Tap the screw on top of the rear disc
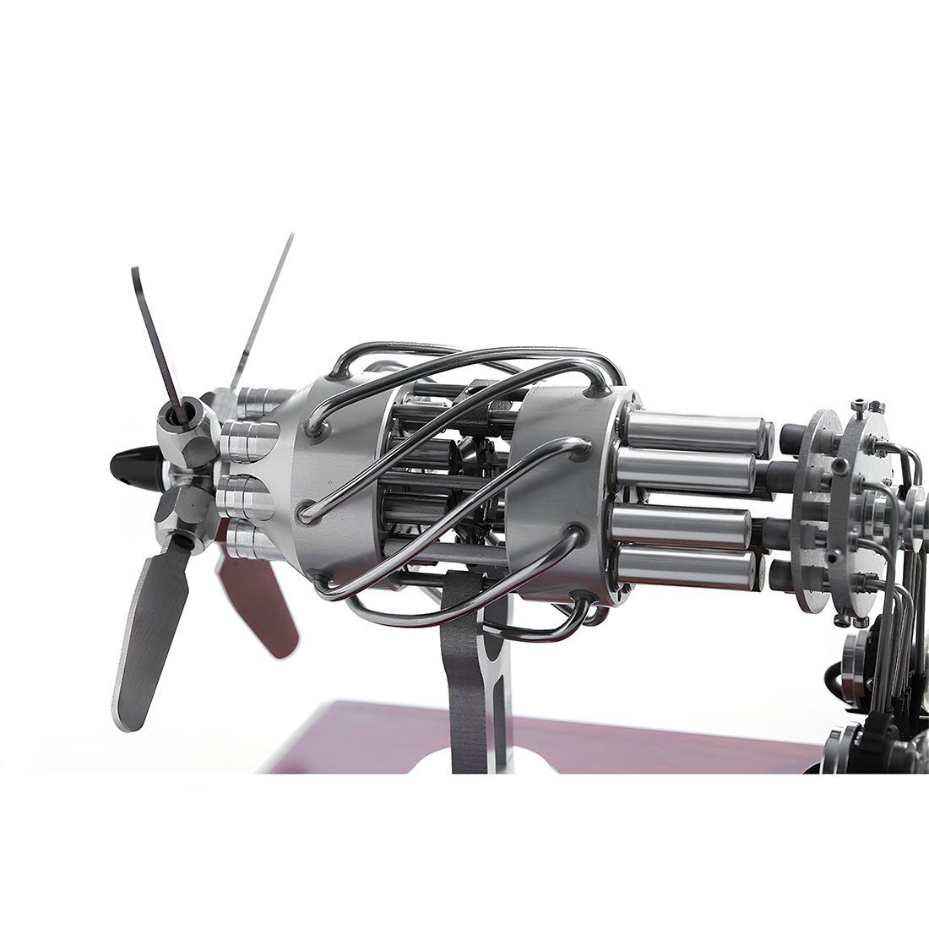[x=856, y=408]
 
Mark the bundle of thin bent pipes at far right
[x=908, y=608]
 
